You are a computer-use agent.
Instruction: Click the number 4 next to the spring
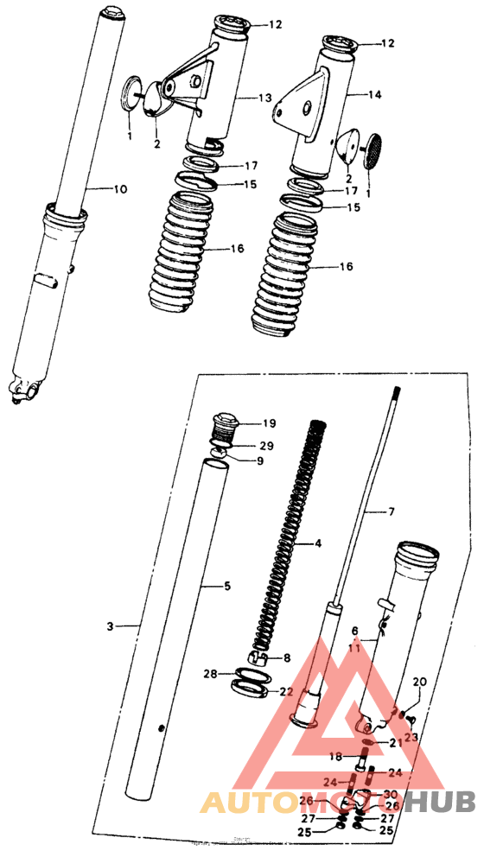coord(318,543)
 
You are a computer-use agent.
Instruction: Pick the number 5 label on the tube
coord(227,586)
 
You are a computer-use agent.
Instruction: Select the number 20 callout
coord(420,682)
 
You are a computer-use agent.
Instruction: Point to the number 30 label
coord(391,794)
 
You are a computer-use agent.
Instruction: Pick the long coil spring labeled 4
coord(285,536)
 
